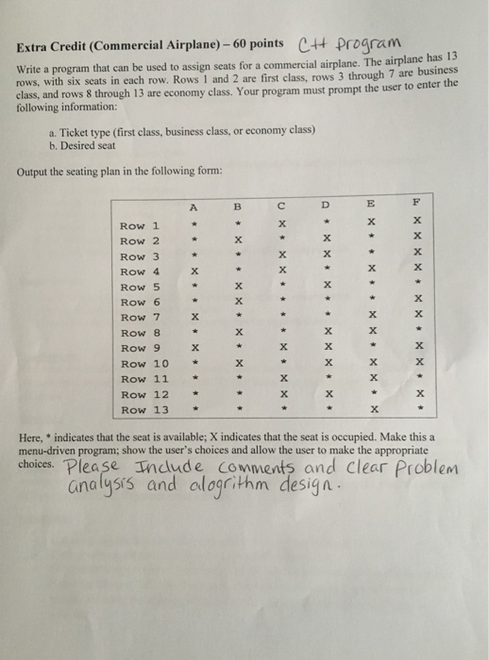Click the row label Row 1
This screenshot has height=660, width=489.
point(139,225)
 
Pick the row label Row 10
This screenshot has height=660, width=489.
point(144,363)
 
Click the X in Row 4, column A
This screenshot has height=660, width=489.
point(193,272)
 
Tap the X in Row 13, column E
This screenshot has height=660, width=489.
point(374,409)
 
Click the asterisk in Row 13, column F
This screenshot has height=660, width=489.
point(419,409)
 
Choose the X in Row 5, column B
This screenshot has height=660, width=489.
point(238,287)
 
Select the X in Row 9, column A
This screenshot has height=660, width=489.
point(193,348)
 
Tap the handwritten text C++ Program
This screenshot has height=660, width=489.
point(351,41)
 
